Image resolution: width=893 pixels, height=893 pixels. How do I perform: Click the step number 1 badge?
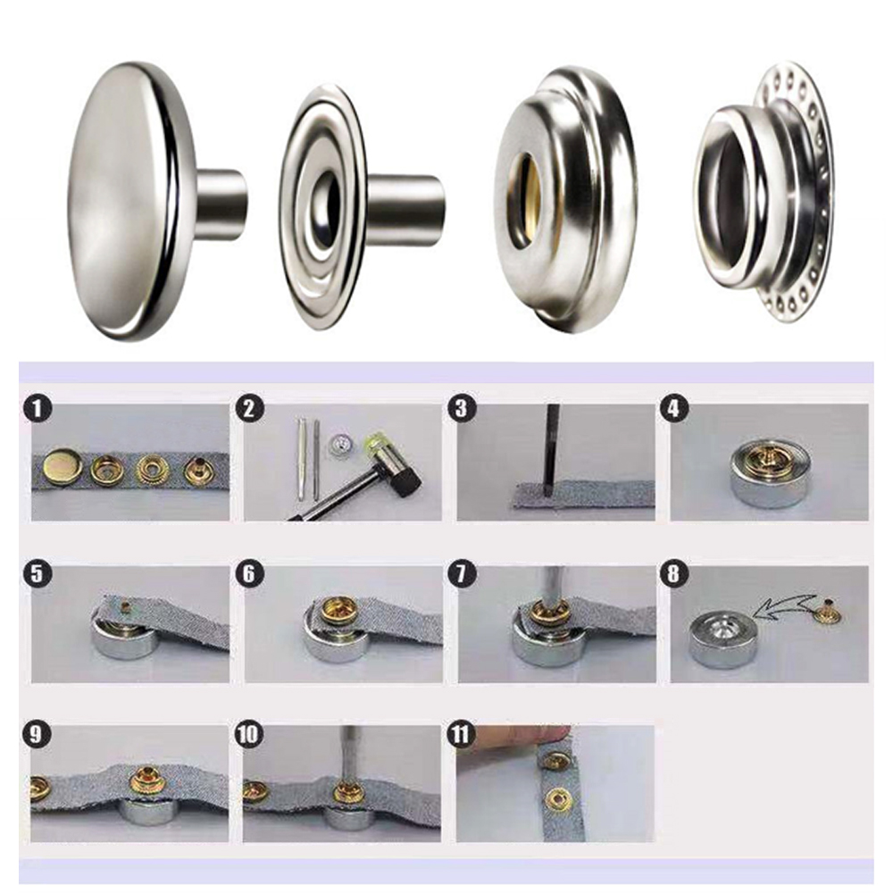[37, 410]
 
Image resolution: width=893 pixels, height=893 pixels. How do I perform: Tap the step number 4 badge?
[674, 409]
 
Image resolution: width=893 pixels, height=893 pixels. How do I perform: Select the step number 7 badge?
[462, 573]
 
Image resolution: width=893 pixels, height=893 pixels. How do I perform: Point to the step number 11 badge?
[462, 735]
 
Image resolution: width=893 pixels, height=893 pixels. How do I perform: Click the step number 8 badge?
[673, 573]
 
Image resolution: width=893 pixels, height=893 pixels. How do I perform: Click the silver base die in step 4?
[769, 472]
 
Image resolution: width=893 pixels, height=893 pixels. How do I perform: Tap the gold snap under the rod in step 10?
[346, 791]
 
